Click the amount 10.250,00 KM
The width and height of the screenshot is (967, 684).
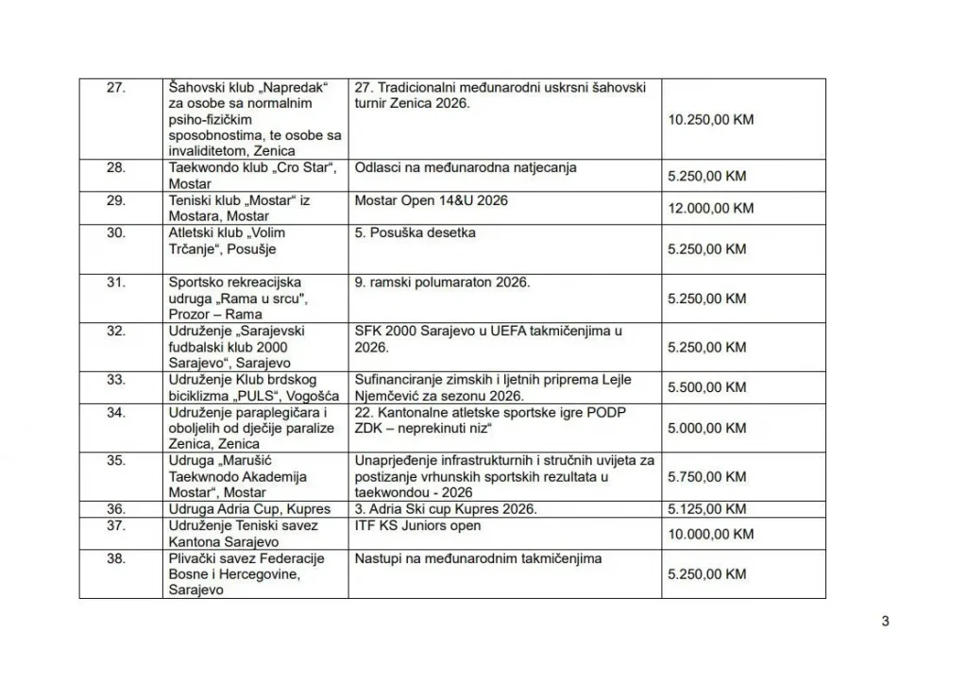point(710,120)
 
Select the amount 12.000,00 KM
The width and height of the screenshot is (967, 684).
point(710,208)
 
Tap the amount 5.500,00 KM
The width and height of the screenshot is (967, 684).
point(706,387)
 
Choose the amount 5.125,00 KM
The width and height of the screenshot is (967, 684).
point(706,509)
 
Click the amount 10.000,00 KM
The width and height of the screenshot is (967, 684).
point(710,534)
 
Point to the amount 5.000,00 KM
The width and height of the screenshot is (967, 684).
point(706,428)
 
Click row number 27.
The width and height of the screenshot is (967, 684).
point(116,88)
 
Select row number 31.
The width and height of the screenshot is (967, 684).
point(116,282)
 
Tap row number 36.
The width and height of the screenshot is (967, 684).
point(116,509)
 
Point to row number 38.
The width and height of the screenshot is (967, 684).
point(116,558)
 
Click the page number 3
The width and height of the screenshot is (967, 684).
point(885,621)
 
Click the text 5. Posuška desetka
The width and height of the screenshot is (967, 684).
point(415,232)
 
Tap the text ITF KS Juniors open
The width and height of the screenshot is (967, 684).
point(417,526)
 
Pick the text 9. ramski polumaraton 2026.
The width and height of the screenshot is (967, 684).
point(442,282)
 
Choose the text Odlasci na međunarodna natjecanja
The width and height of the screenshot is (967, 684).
point(466,168)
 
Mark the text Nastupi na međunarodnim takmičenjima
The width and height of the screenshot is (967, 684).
point(478,558)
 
